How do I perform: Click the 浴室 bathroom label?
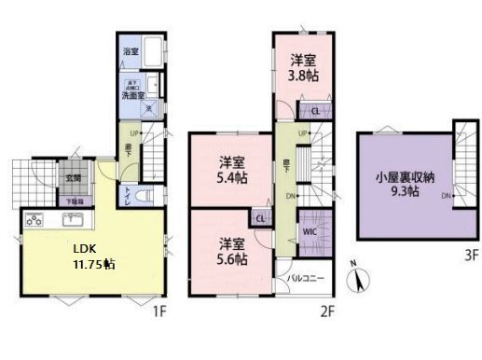(131, 52)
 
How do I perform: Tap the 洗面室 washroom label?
(130, 94)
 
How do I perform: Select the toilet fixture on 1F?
(143, 197)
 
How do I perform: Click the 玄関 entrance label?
(72, 177)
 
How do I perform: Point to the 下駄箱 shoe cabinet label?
(73, 201)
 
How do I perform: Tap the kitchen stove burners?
(35, 221)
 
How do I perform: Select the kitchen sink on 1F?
(74, 221)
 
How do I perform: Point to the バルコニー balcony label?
(306, 277)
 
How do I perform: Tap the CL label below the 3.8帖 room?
(315, 112)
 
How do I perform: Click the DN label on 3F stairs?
(448, 196)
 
